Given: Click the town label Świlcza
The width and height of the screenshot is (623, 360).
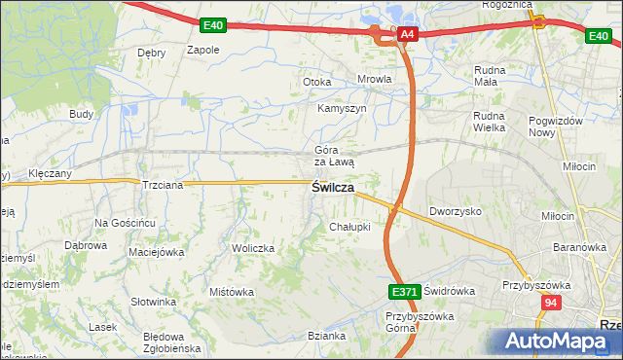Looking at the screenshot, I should point(332,188).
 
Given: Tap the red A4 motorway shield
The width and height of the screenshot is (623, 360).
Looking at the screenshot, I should point(408,35).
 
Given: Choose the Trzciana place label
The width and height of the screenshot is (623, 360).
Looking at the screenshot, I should point(164,185).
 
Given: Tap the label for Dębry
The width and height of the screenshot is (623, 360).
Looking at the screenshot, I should point(152,53).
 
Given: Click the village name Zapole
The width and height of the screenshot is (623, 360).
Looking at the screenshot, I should point(202,50).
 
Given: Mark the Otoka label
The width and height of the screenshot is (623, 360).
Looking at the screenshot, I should point(317,83).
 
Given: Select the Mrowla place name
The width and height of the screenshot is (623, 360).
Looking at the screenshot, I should point(375,80).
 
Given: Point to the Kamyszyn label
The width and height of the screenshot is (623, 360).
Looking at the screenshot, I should point(342,109).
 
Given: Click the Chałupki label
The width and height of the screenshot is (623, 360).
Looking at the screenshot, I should point(349,227).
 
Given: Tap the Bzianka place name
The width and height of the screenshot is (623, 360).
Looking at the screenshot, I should point(326,337).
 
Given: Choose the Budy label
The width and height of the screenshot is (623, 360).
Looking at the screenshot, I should point(81,114).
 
